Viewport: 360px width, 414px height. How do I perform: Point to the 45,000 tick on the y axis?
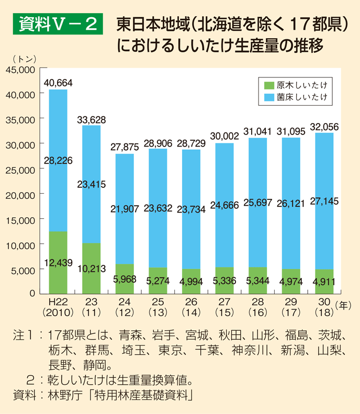pos(20,69)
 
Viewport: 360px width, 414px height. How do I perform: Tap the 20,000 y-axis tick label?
pos(20,194)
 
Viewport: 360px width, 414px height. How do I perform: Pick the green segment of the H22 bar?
pos(58,262)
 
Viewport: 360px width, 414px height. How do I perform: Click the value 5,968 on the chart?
pos(125,279)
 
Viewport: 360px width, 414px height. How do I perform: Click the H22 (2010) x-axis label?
pos(58,308)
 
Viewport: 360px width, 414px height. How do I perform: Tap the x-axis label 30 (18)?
pos(325,308)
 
